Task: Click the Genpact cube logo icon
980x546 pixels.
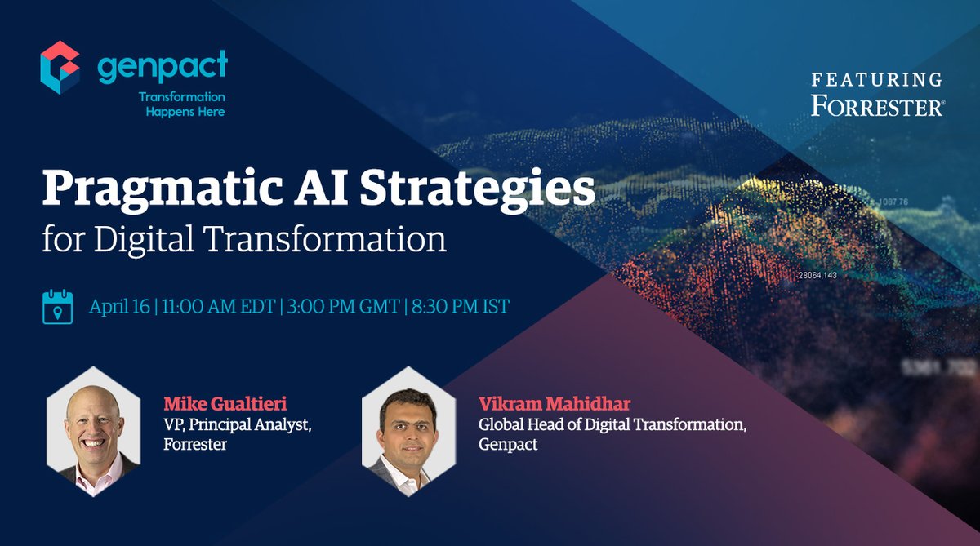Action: [60, 69]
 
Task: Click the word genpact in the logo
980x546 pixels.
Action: [163, 68]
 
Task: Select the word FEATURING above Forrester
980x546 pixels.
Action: [876, 80]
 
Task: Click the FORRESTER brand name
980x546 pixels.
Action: [876, 106]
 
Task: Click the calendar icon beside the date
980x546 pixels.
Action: [58, 308]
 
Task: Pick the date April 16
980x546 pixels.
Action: [120, 308]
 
